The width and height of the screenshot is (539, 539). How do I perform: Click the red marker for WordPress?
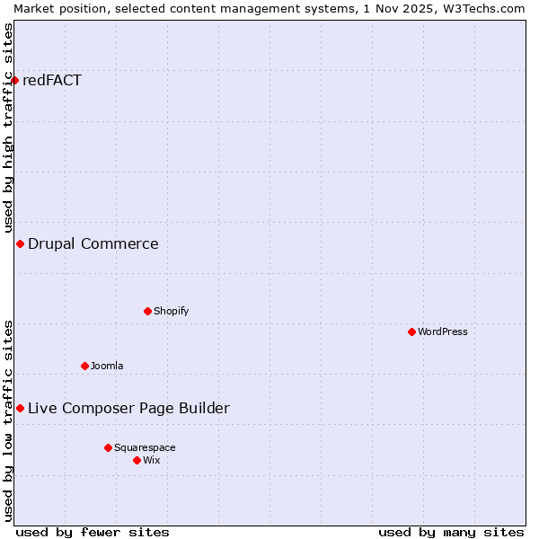coord(411,331)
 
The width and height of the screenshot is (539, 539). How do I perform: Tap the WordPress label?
coord(443,331)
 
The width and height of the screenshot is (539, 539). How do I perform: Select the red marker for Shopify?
coord(147,311)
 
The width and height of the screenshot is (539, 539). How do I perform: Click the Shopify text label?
coord(171,311)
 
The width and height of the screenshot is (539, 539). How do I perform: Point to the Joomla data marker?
coord(84,366)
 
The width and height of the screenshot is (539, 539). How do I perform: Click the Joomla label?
coord(107,366)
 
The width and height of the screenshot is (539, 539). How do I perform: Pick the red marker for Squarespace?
coord(108,447)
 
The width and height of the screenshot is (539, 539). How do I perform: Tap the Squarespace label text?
coord(145,447)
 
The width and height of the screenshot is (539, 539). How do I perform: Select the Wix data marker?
coord(137,460)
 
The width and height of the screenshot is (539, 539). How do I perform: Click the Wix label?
coord(152,460)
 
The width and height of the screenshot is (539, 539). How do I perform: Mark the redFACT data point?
coord(14,80)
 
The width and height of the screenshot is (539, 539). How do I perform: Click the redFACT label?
coord(52,80)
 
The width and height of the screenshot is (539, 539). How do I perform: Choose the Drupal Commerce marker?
coord(20,243)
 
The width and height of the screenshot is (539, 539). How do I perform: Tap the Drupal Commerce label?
coord(93,243)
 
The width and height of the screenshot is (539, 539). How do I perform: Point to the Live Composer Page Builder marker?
coord(20,408)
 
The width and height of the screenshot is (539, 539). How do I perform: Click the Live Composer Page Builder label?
coord(128,408)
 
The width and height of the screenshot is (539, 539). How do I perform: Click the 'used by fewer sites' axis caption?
coord(93,532)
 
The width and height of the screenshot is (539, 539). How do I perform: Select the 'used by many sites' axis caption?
coord(451,532)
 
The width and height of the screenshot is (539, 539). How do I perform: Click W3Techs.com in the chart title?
coord(482,8)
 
